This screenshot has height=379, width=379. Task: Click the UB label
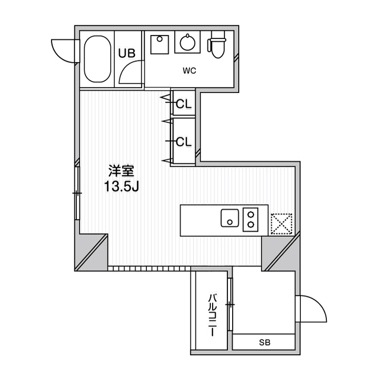point(127,53)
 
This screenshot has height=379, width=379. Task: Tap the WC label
point(189,70)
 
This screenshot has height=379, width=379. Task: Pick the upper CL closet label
point(184,104)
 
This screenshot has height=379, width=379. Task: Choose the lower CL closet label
point(184,142)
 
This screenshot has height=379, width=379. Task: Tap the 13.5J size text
point(121,187)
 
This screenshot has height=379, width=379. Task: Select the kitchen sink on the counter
point(229,218)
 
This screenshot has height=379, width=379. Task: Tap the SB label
point(264,342)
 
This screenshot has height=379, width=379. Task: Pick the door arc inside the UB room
point(129,72)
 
